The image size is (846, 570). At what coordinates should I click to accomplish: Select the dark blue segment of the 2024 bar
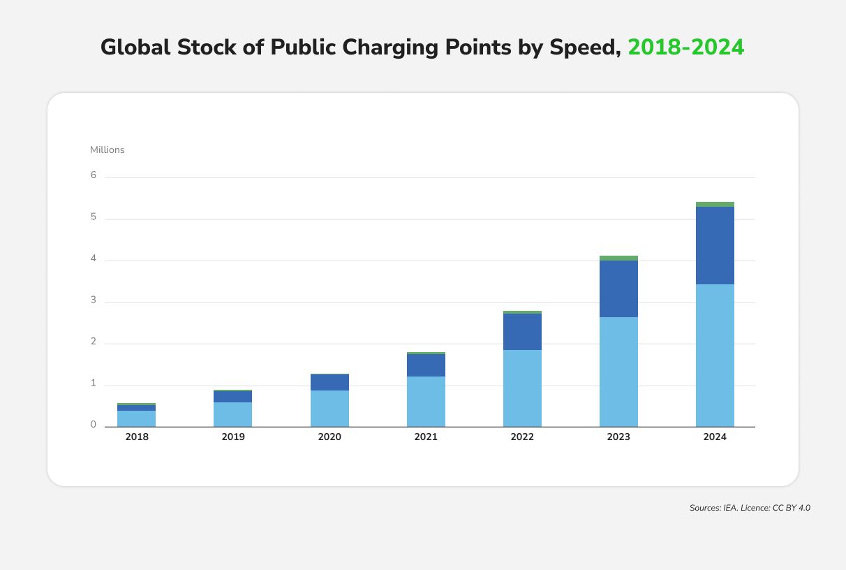(715, 245)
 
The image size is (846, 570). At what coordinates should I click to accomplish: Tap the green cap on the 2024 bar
(715, 205)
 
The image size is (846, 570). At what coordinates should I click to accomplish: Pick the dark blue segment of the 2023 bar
(618, 288)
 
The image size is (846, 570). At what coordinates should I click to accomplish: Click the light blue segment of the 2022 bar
(522, 388)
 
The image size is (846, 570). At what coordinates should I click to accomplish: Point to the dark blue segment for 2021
(426, 365)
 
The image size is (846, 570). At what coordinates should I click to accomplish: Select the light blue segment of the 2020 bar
(329, 408)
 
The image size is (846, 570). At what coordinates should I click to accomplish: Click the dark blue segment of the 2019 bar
(233, 397)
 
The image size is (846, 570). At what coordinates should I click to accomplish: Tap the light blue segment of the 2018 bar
(137, 418)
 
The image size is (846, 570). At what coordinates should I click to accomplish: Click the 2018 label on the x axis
(137, 437)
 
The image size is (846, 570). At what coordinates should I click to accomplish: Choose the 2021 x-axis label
(426, 437)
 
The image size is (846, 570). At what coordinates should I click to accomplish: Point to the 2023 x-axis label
(618, 437)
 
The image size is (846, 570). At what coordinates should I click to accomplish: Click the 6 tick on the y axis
(93, 175)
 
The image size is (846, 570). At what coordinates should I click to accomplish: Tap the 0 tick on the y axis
(93, 425)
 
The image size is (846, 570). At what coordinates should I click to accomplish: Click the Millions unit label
(107, 149)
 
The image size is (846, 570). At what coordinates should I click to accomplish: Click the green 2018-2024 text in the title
(686, 47)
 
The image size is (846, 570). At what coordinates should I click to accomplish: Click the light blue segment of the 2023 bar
(618, 372)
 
